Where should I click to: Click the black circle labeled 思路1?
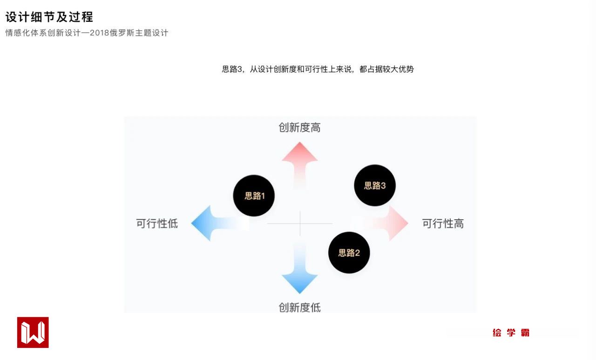(254, 196)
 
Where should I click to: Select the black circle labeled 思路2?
(349, 253)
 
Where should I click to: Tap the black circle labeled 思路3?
(375, 185)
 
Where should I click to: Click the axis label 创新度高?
(300, 128)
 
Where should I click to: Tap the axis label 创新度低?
(300, 307)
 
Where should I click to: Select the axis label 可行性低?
(157, 224)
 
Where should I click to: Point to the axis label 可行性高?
(443, 224)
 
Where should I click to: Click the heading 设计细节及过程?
(49, 17)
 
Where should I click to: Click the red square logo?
(33, 333)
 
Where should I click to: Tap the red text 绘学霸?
(511, 333)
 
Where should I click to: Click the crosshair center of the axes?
(300, 224)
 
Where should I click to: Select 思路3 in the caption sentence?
(232, 69)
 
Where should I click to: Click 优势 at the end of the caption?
(406, 69)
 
